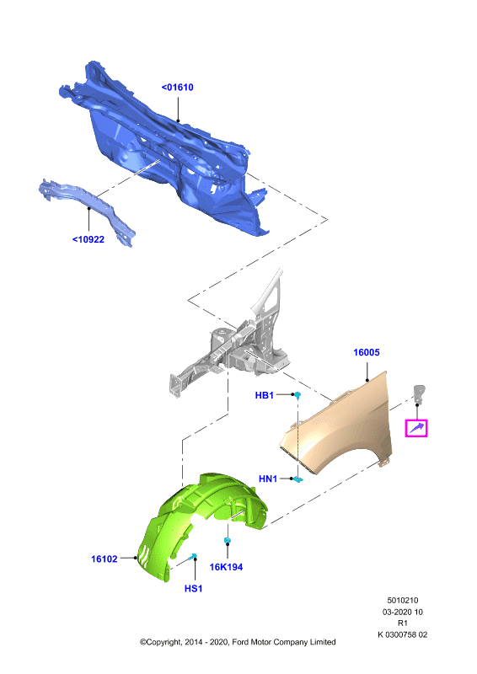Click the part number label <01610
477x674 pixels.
(177, 88)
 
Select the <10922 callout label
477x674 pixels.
(88, 239)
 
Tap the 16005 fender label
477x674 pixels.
(367, 352)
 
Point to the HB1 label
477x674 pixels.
(264, 395)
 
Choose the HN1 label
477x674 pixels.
(268, 479)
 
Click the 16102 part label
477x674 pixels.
(105, 559)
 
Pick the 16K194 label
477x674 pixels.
(226, 567)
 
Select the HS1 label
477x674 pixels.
(194, 588)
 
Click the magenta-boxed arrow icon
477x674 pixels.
(416, 428)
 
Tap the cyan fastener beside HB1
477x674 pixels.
(297, 394)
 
